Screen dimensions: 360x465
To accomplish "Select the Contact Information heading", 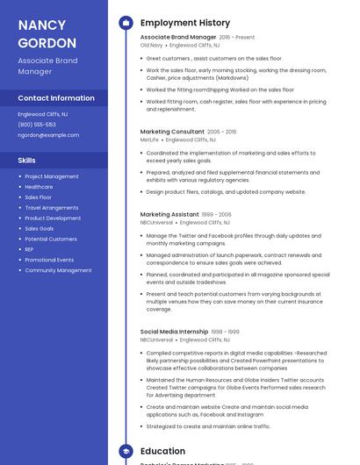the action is pos(56,98).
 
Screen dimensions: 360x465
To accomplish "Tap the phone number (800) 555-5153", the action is pos(37,125).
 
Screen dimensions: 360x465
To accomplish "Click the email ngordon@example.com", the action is pos(48,135).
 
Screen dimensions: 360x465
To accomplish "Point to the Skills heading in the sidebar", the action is pos(27,161).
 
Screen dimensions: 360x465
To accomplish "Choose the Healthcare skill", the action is pos(39,187).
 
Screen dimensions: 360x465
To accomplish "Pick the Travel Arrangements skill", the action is pos(51,208).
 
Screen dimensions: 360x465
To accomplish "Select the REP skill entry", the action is pos(30,249).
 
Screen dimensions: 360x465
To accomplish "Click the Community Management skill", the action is pos(58,270).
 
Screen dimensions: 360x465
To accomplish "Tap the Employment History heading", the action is pos(185,23).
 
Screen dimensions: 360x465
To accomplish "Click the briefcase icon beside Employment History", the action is pos(126,23).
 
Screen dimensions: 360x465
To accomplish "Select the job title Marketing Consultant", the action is pos(172,132).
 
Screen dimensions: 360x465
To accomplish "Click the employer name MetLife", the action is pos(149,139).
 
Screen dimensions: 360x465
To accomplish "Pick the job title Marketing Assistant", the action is pos(169,214).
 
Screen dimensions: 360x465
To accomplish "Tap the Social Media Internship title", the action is pos(174,332).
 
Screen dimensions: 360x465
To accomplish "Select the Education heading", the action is pos(162,451).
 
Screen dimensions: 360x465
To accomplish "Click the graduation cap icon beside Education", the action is pos(126,451).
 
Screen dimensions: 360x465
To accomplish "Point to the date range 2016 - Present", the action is pos(237,38).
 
